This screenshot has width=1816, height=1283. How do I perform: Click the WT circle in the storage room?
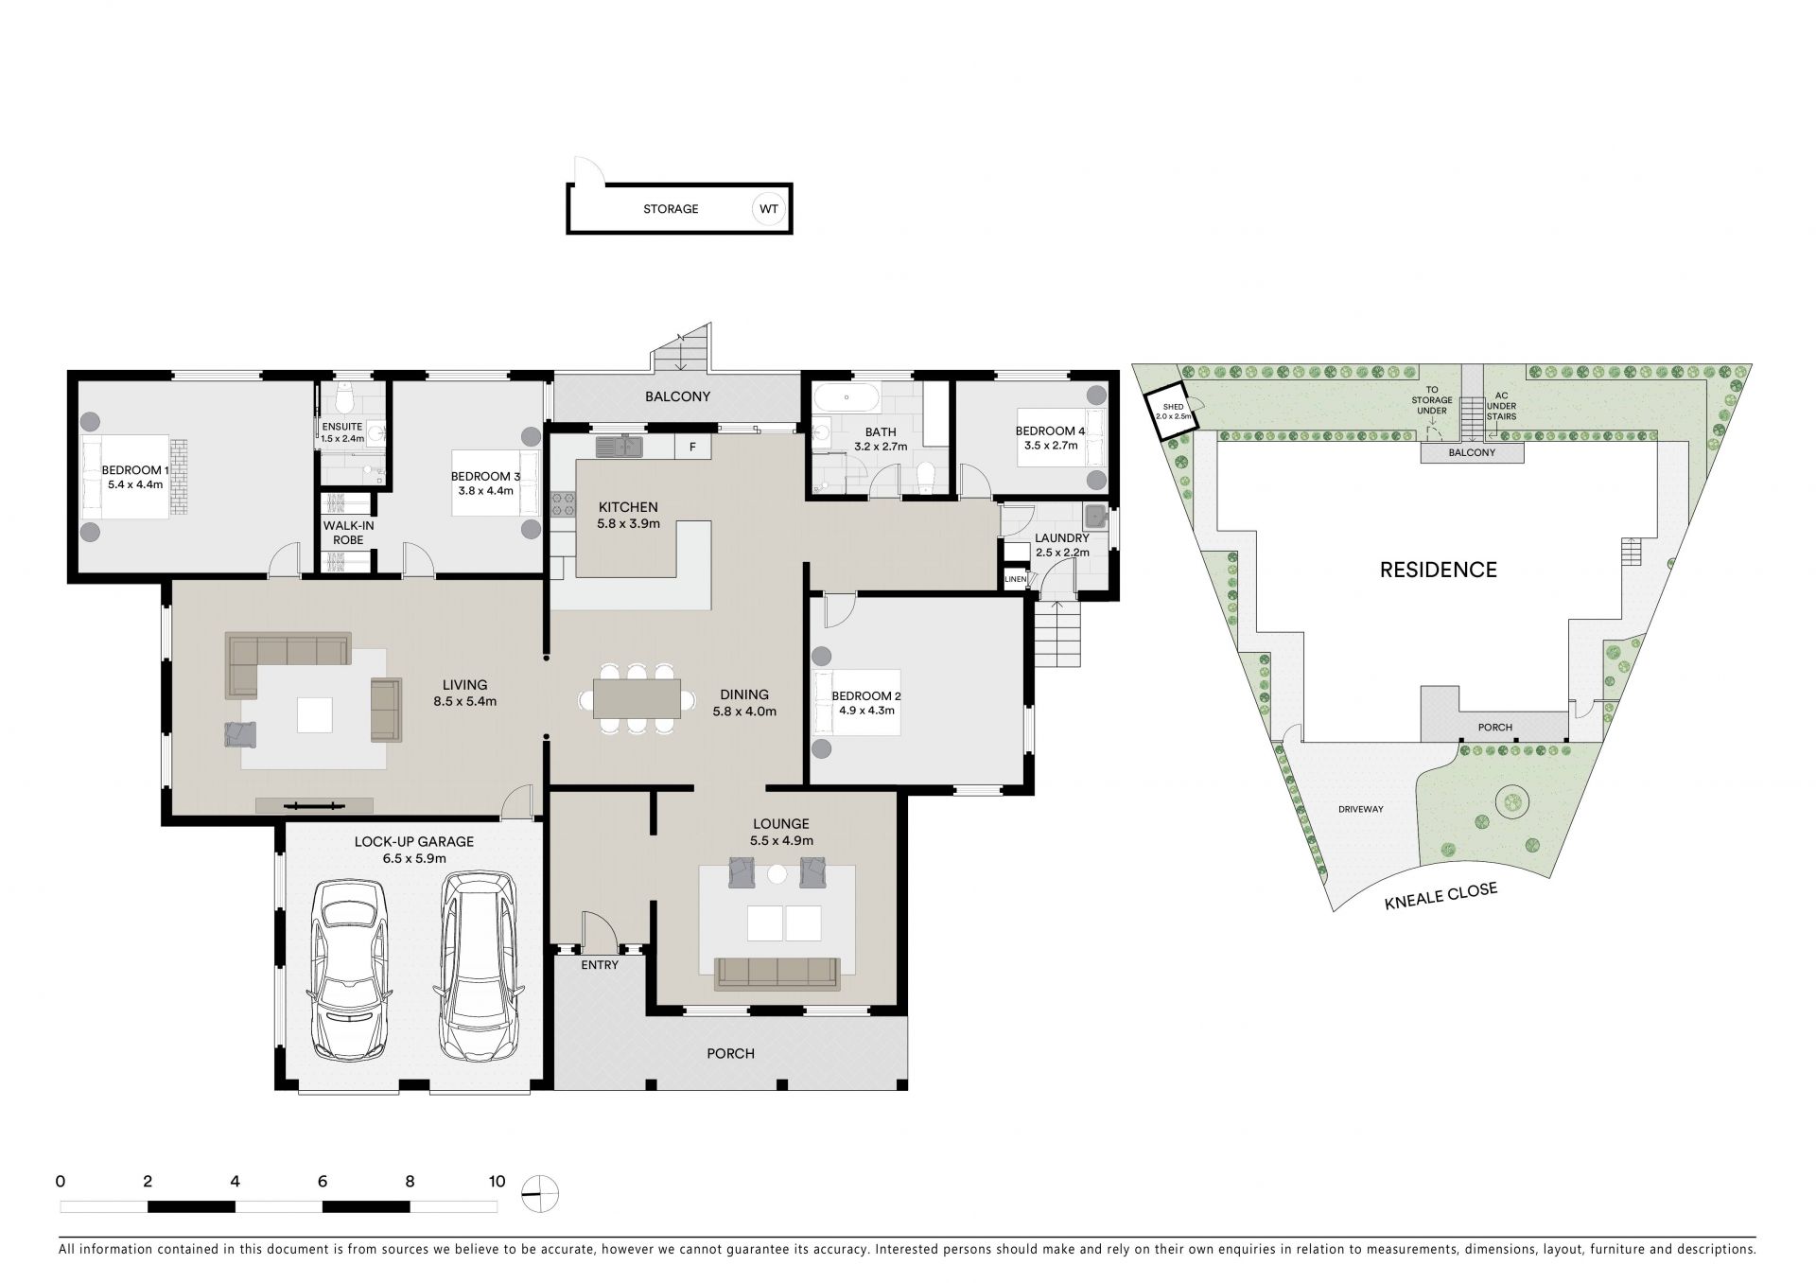(x=767, y=209)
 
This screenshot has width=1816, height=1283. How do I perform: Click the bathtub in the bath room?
(x=846, y=397)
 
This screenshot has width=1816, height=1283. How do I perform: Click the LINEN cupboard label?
(x=1015, y=579)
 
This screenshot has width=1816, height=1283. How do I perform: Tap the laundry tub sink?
(x=1096, y=517)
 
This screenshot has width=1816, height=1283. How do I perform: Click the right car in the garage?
(x=480, y=966)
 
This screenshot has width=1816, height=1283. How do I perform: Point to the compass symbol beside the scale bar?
(x=541, y=1193)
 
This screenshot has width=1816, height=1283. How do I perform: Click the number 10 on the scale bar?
(x=497, y=1181)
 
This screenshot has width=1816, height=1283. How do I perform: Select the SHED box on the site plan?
(x=1170, y=410)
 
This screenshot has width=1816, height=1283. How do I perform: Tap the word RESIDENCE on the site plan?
(x=1438, y=570)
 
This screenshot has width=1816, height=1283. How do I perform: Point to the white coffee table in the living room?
(x=315, y=714)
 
